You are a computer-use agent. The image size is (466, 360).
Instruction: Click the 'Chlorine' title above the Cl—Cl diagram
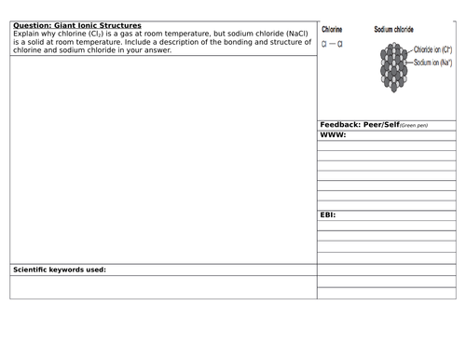click(x=333, y=29)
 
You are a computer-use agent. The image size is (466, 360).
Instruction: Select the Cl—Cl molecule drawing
click(x=332, y=43)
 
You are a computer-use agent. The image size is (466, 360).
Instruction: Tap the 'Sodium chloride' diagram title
click(x=395, y=29)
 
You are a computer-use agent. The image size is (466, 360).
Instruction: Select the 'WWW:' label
click(x=333, y=134)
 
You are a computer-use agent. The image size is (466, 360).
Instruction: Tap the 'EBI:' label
click(x=328, y=214)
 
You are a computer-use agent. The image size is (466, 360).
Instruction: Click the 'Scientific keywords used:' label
click(x=59, y=270)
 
